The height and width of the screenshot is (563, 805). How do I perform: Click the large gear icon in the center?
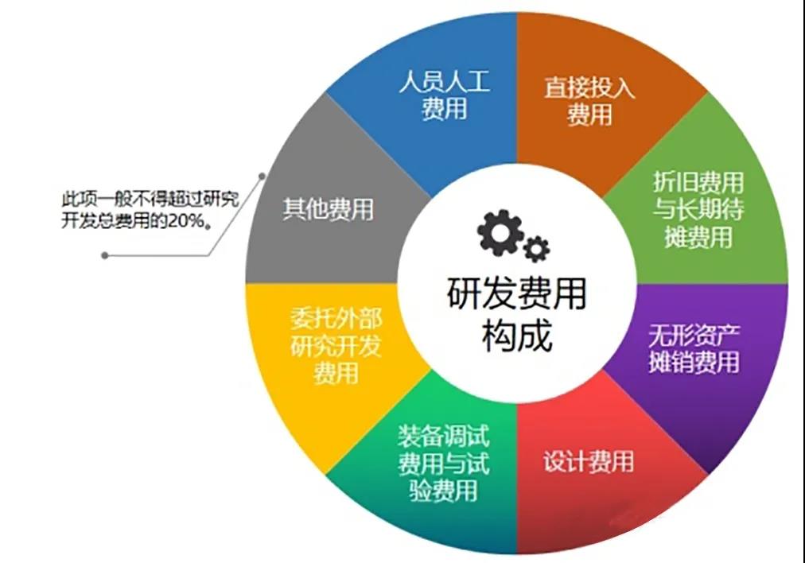point(500,232)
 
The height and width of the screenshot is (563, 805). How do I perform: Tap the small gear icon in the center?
point(536,249)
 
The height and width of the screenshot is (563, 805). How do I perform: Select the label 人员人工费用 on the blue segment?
point(445,96)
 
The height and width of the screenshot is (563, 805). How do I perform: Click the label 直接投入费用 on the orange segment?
point(590,101)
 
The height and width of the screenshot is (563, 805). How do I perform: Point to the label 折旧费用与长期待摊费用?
point(698,209)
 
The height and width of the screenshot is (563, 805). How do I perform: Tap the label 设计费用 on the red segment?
point(589,461)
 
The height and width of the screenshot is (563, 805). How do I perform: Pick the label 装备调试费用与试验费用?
point(444,464)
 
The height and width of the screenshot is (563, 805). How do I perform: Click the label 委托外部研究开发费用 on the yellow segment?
point(336,346)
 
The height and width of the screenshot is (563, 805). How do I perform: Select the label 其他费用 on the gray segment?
point(329,209)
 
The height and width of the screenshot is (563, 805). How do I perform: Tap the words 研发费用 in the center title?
point(516,294)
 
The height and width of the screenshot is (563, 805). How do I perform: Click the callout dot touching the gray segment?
point(262,176)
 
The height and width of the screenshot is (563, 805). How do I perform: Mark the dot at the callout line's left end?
point(105,255)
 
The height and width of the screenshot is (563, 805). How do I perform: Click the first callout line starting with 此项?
point(150,199)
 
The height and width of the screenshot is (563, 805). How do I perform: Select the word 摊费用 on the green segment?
point(698,237)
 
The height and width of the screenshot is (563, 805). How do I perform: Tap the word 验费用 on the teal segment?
point(444,491)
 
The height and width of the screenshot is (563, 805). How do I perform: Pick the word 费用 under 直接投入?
point(590,115)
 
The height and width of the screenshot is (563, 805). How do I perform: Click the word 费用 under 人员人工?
point(445,109)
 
